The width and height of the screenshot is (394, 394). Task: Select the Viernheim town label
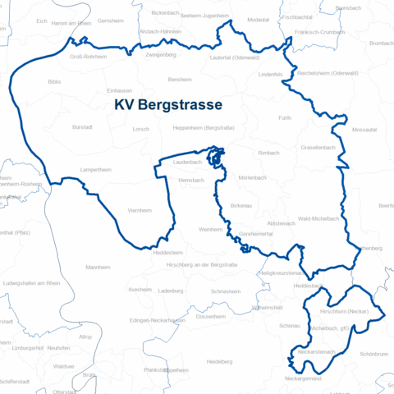(140, 211)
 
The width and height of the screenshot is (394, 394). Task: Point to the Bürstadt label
(83, 128)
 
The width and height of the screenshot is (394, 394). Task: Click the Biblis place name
(54, 82)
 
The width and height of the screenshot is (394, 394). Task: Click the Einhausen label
(120, 91)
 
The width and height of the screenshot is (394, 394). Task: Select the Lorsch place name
(141, 129)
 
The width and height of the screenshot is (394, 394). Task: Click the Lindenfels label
(270, 75)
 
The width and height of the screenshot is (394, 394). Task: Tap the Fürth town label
(285, 118)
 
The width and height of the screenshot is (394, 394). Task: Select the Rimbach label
(269, 153)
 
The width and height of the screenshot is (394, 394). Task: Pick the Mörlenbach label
(252, 178)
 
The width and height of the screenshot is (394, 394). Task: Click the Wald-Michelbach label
(318, 219)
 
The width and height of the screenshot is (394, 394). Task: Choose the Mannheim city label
(98, 268)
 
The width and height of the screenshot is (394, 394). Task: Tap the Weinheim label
(210, 230)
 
